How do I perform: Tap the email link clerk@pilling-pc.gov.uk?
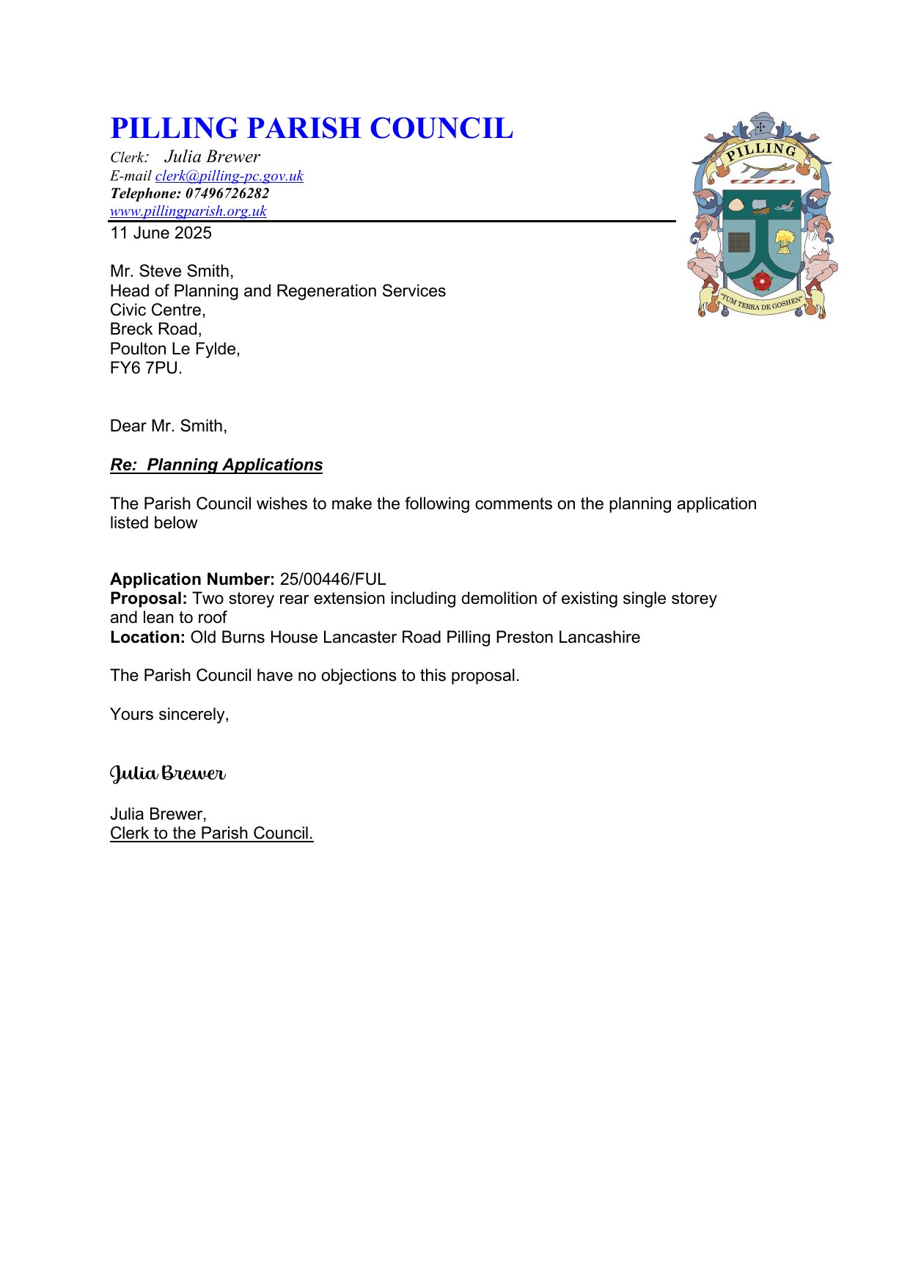[229, 176]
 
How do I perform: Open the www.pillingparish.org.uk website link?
[188, 211]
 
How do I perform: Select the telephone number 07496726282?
[227, 194]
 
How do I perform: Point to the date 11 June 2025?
[161, 233]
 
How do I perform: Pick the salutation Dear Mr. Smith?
[168, 426]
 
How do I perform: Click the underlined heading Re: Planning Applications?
[216, 465]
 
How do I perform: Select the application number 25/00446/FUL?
[333, 580]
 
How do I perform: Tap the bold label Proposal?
[148, 599]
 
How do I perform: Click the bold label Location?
[147, 638]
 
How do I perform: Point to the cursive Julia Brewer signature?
[168, 773]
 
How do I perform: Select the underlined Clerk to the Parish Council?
[211, 834]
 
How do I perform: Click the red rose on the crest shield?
[762, 280]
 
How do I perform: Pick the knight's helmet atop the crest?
[760, 126]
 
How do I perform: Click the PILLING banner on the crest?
[762, 153]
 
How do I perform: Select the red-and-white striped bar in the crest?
[762, 180]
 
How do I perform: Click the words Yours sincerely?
[169, 715]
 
